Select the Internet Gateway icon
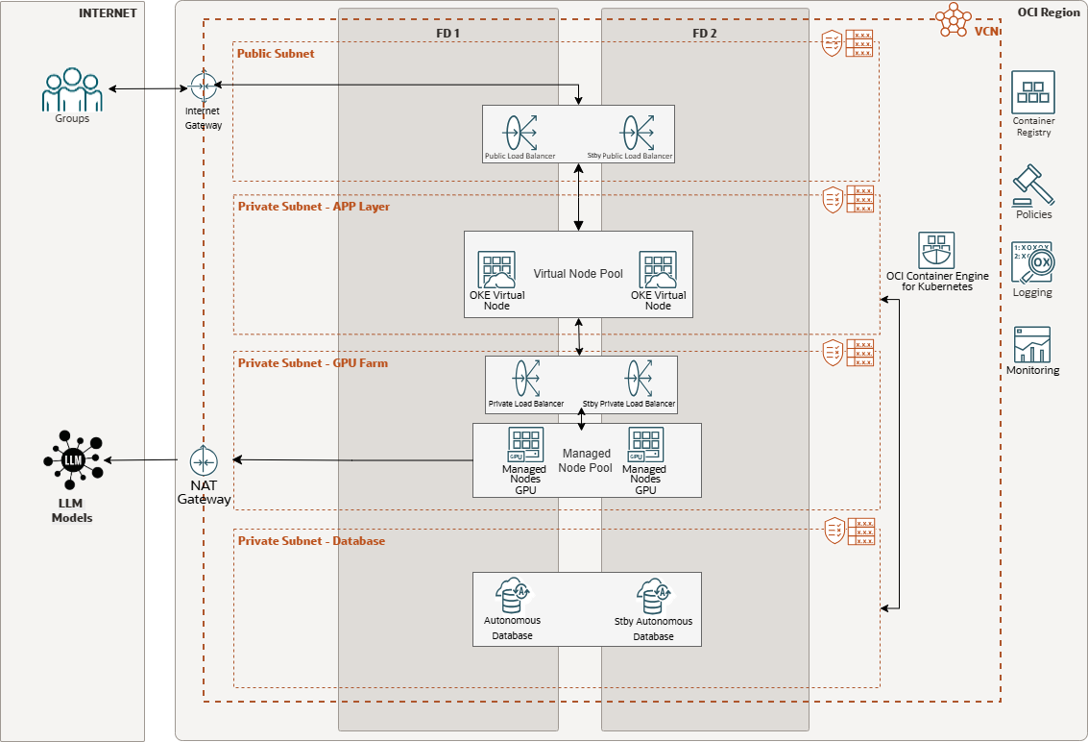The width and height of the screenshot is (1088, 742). (202, 87)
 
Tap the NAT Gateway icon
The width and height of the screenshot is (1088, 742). (204, 461)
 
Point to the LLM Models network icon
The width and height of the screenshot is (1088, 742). (73, 461)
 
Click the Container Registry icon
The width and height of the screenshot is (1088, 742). (1033, 92)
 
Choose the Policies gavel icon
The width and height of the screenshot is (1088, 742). (1033, 184)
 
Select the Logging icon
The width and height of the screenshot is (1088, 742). (1032, 262)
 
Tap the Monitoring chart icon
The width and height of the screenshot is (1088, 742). (1032, 344)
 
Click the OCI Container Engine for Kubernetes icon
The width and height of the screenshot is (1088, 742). (936, 250)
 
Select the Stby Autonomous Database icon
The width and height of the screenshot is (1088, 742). (653, 597)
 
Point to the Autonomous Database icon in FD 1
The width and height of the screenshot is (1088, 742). (512, 597)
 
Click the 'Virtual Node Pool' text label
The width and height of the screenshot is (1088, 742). (578, 274)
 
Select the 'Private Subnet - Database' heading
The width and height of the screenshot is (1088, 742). (311, 541)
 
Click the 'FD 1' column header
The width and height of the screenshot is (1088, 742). (447, 33)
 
